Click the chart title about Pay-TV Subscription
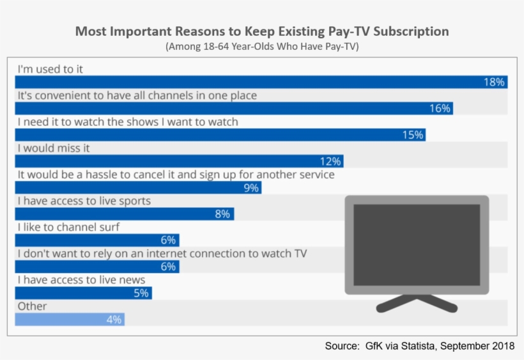pyautogui.click(x=262, y=31)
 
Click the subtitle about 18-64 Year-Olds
pyautogui.click(x=262, y=47)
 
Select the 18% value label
pyautogui.click(x=494, y=82)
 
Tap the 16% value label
pyautogui.click(x=440, y=109)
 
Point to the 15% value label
pyautogui.click(x=412, y=135)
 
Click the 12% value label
pyautogui.click(x=331, y=161)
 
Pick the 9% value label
pyautogui.click(x=250, y=188)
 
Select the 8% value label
pyautogui.click(x=222, y=214)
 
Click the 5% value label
pyautogui.click(x=141, y=293)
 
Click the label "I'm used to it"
pyautogui.click(x=50, y=69)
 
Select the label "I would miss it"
pyautogui.click(x=54, y=148)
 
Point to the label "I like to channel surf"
pyautogui.click(x=68, y=227)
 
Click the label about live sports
pyautogui.click(x=84, y=201)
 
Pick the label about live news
pyautogui.click(x=81, y=280)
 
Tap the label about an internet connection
pyautogui.click(x=162, y=253)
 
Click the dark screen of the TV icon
pyautogui.click(x=417, y=245)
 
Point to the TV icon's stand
pyautogui.click(x=417, y=302)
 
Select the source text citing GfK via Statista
pyautogui.click(x=419, y=346)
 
